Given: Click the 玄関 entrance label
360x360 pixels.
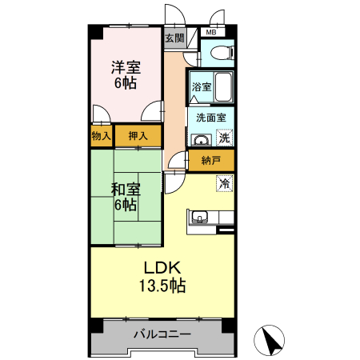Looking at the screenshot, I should tap(174, 38).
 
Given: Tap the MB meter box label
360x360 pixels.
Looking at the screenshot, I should tap(212, 33).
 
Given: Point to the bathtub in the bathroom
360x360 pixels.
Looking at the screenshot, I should tap(223, 86).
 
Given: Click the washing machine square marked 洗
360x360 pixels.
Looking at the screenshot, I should tap(225, 138).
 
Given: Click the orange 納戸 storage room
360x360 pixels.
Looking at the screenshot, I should tap(211, 161).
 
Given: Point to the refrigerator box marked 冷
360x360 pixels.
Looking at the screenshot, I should tap(225, 183).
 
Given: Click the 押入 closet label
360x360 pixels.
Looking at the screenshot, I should tap(138, 137).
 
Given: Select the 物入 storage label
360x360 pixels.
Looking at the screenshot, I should tap(102, 137).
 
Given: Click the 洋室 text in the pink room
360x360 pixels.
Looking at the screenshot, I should tap(126, 68).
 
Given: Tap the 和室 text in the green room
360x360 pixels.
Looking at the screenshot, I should tap(126, 190).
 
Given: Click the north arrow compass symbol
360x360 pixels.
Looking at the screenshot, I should tap(269, 341).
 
